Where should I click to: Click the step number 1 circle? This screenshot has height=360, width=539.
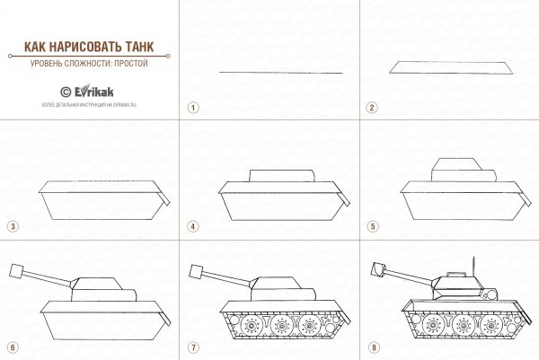click(x=192, y=107)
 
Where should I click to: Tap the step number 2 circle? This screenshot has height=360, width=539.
click(x=370, y=107)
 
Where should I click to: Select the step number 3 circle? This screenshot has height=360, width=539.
click(x=12, y=226)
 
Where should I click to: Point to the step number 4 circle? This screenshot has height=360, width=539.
click(x=192, y=226)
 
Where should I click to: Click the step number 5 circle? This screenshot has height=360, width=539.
click(x=370, y=226)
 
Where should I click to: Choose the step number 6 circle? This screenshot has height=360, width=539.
click(x=12, y=347)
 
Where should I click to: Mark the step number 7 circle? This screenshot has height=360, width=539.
click(x=192, y=347)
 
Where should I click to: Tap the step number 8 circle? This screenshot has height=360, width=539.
click(x=370, y=347)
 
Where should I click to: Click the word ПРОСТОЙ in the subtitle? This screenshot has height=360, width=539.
click(x=128, y=64)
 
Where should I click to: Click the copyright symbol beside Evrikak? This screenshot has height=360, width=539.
click(x=65, y=91)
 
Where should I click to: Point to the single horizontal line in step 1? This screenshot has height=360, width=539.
click(x=280, y=72)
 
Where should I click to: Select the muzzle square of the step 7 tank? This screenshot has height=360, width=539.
click(x=198, y=269)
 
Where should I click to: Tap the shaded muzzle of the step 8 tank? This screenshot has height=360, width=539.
click(x=377, y=268)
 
